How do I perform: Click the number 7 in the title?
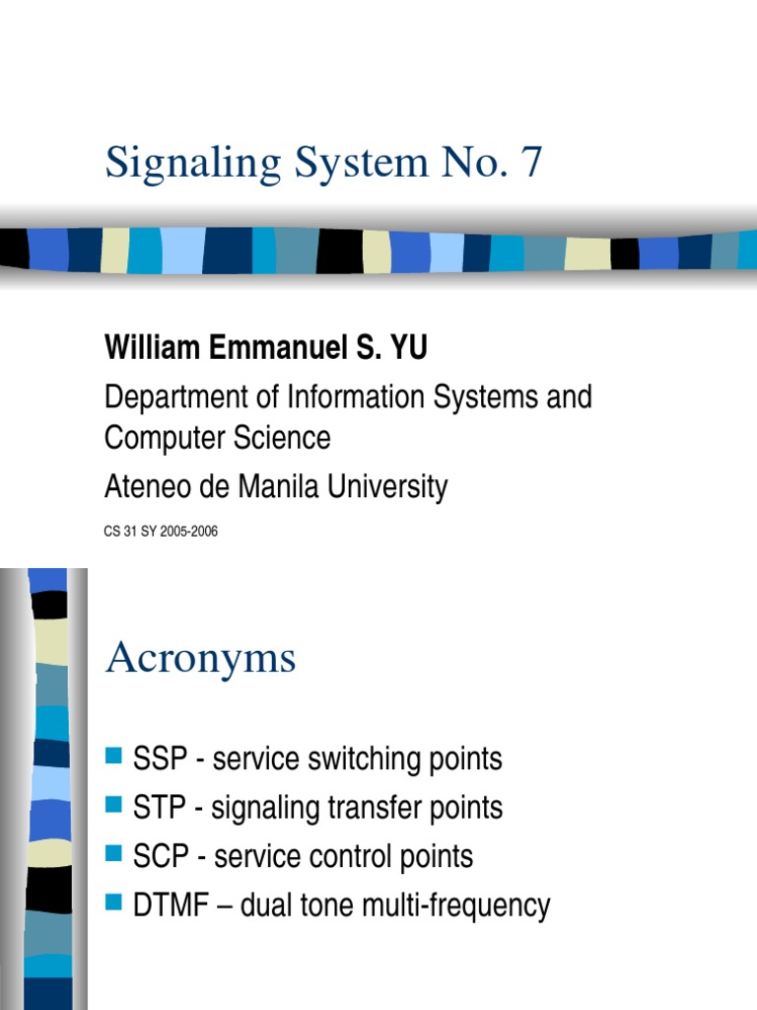[531, 163]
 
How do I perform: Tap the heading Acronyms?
[200, 659]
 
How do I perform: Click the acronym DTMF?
[165, 904]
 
